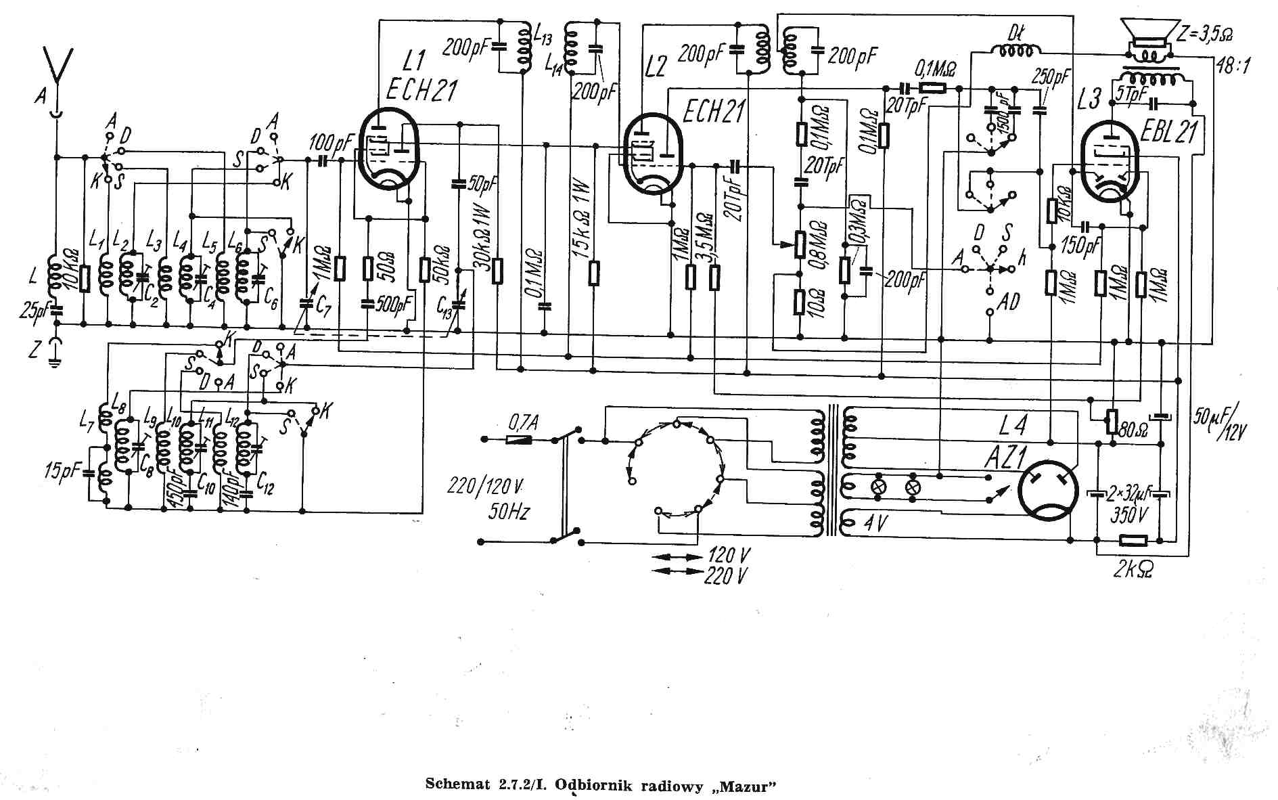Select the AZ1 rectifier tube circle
(x=1047, y=491)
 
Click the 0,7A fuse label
(x=524, y=423)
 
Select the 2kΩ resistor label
(x=1133, y=570)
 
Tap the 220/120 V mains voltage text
(x=486, y=486)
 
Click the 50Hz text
(x=508, y=512)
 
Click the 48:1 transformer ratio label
(x=1234, y=66)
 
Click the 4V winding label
(x=876, y=523)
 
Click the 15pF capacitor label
(x=63, y=471)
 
